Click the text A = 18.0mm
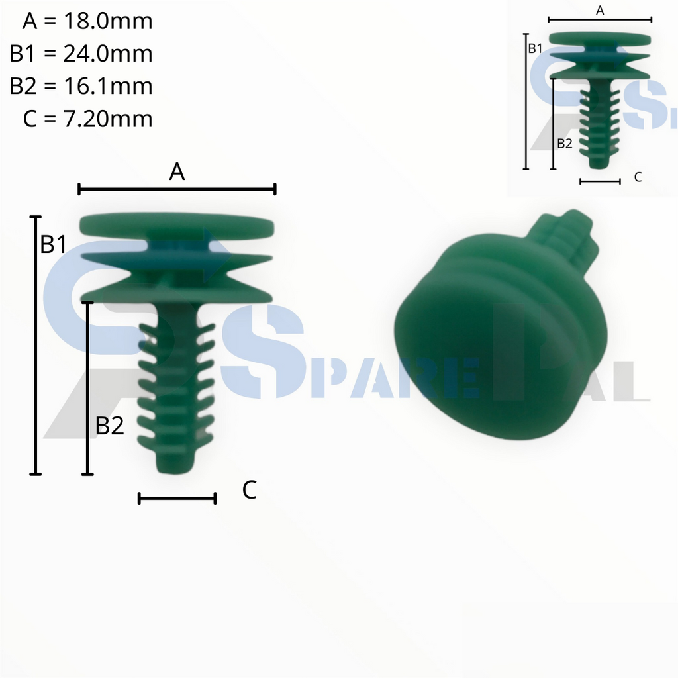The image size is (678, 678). tap(87, 21)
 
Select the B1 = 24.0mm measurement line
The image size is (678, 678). tap(81, 54)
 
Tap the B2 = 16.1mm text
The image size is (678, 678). tap(81, 86)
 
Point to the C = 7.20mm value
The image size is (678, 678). tap(87, 119)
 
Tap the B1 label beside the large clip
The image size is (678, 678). tap(54, 244)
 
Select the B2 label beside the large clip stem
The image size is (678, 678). tap(110, 426)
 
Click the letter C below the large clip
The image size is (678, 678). tap(249, 491)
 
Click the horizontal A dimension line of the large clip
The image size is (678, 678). tap(177, 190)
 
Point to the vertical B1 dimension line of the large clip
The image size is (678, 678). tap(36, 344)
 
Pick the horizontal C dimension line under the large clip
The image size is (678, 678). tap(177, 499)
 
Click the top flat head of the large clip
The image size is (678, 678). tap(176, 226)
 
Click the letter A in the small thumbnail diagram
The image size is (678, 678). tap(600, 10)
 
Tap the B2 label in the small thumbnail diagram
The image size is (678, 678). tap(564, 143)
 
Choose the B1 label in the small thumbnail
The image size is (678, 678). tap(535, 48)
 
